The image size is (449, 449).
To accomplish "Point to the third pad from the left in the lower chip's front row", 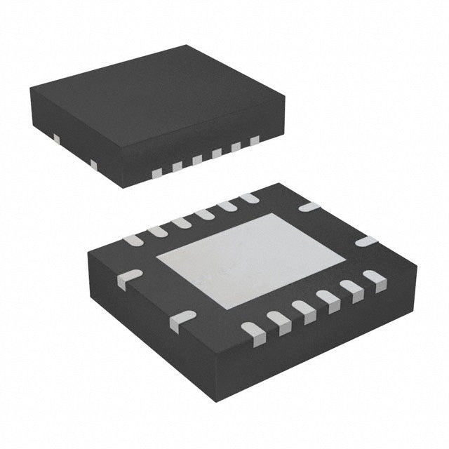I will [303, 309].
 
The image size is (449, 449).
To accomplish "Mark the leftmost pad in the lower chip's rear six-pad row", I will [133, 241].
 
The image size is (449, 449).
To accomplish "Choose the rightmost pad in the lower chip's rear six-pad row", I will [249, 199].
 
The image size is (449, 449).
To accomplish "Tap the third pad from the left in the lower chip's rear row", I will [181, 222].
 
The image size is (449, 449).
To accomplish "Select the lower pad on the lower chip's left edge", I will [182, 319].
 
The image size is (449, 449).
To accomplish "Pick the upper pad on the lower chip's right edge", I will [309, 207].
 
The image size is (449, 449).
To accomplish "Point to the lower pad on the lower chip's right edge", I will [366, 242].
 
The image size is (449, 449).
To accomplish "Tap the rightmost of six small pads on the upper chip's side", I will [255, 141].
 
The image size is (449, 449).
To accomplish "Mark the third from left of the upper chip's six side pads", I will [197, 160].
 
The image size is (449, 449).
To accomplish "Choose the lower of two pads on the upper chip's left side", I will [93, 164].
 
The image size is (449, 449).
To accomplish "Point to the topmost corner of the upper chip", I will [187, 46].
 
